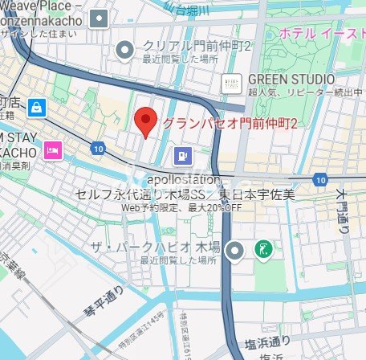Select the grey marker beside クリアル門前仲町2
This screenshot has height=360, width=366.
124,51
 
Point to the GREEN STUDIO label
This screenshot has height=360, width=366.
291,79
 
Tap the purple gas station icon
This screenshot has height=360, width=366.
184,155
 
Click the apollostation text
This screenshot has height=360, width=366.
183,179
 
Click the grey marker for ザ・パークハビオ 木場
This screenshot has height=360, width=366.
234,251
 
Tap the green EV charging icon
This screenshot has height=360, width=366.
262,251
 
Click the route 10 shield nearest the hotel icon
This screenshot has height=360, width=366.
98,149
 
